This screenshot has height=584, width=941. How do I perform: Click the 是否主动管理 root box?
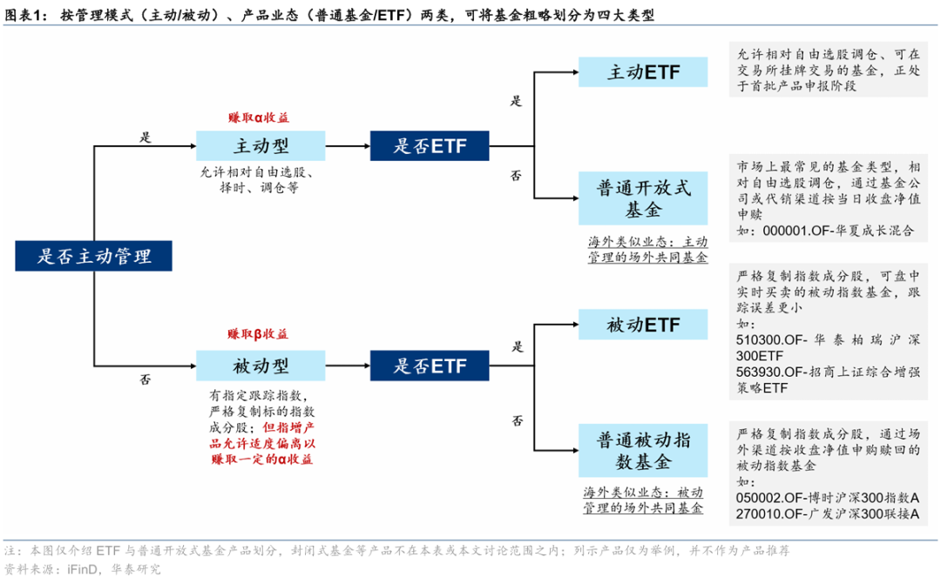coord(93,256)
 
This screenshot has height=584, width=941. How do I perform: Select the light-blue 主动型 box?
coord(261,145)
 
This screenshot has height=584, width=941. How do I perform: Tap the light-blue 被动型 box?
coord(261,366)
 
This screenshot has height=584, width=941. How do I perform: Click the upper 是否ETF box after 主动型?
coord(430,145)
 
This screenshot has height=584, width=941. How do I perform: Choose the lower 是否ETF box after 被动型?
coord(430,366)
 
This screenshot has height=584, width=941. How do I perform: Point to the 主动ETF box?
coord(643,72)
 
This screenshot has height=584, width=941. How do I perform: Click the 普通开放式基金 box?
coord(643,198)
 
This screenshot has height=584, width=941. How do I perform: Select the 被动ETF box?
coord(643,325)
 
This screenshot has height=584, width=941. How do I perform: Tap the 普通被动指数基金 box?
coord(643,451)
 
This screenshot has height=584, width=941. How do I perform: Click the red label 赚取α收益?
coord(259,117)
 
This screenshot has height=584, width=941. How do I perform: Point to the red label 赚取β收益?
coord(258,334)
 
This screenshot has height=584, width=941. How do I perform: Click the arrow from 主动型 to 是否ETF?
coord(348,145)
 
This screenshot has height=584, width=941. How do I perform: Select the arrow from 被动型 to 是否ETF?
coord(348,366)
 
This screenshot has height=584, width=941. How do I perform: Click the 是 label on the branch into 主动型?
coord(146,138)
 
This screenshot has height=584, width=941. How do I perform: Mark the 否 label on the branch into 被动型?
coord(146,379)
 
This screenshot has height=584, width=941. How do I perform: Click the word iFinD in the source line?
coord(82,569)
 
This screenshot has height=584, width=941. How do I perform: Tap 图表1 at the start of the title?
coord(25,15)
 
